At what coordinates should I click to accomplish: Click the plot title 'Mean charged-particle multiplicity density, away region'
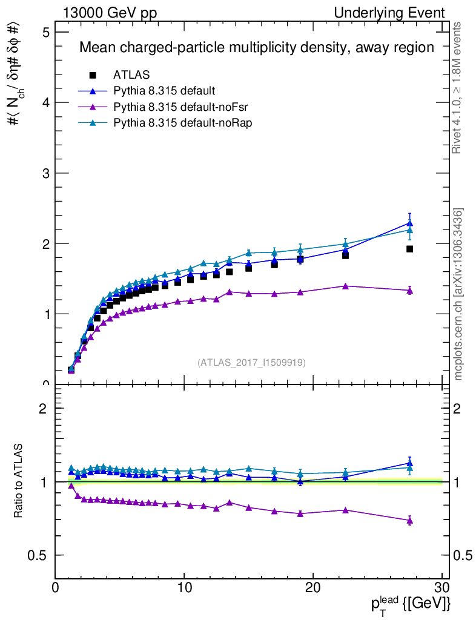click(x=257, y=48)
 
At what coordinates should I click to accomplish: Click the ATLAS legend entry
click(x=131, y=75)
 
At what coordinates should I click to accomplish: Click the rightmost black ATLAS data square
click(x=409, y=249)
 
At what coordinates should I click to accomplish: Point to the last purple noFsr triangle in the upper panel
click(x=409, y=291)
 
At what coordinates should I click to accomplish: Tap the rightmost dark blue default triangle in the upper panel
click(x=409, y=223)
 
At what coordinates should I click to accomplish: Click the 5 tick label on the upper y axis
click(x=44, y=32)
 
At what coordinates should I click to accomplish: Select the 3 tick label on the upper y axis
click(x=44, y=173)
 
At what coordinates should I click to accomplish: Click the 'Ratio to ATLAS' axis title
click(x=19, y=482)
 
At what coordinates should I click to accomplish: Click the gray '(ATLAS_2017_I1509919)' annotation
click(x=251, y=363)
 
